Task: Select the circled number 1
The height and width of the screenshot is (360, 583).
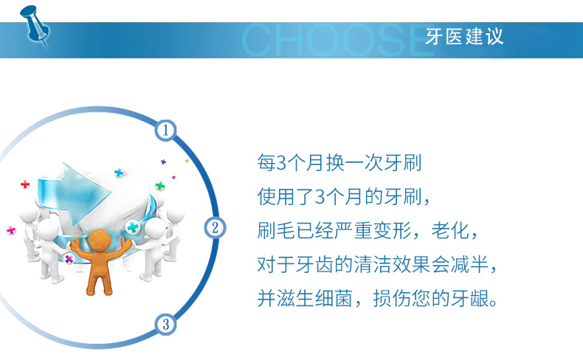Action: (x=165, y=131)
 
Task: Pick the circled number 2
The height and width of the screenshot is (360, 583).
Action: (x=214, y=227)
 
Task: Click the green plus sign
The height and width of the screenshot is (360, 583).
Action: (x=160, y=186)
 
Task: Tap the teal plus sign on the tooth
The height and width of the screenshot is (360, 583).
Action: (x=133, y=226)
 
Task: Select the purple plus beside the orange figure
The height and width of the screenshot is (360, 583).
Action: (x=69, y=259)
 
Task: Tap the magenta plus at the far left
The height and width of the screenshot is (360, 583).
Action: (x=10, y=230)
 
